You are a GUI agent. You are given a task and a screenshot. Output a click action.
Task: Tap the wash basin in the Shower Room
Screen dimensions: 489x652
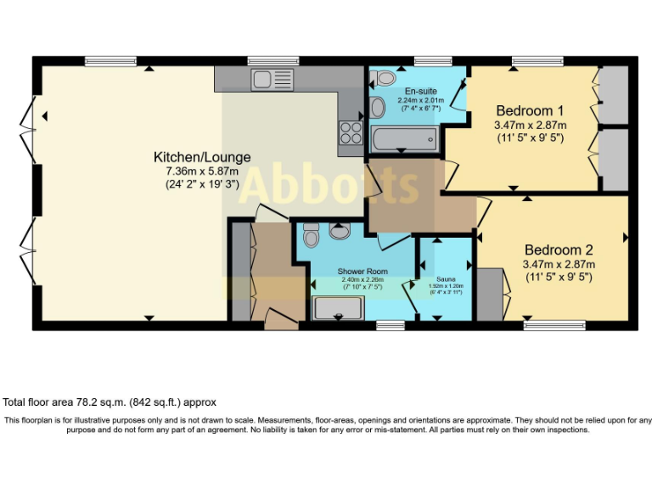click(x=340, y=231)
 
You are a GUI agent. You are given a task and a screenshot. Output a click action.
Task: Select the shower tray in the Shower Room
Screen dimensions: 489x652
click(x=338, y=307)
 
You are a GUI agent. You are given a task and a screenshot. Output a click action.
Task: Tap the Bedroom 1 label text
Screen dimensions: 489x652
click(x=530, y=110)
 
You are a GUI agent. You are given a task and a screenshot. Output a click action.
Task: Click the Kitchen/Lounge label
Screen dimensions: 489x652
click(x=202, y=157)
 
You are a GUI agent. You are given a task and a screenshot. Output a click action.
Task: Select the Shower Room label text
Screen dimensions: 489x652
click(x=363, y=271)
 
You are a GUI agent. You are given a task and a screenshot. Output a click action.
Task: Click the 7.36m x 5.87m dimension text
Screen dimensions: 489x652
click(x=202, y=171)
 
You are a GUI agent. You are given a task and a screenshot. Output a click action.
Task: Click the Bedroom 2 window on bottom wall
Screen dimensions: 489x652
click(x=554, y=324)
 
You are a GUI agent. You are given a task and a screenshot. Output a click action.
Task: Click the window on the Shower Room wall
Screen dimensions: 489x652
click(x=390, y=324)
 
